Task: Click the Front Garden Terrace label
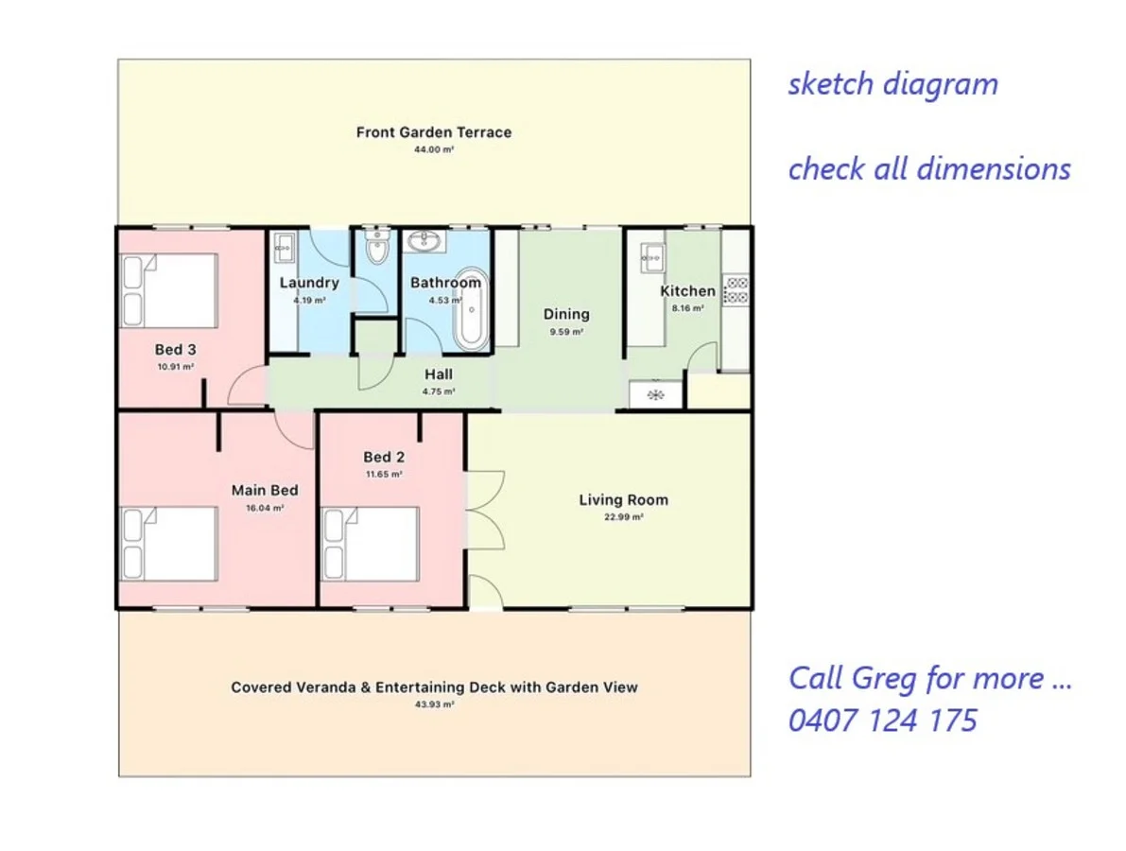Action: (x=434, y=132)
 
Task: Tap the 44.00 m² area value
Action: (x=434, y=150)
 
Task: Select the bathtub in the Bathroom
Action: (x=471, y=309)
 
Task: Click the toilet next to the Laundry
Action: (x=377, y=248)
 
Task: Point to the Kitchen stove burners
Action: (x=736, y=289)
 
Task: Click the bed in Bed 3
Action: (x=168, y=290)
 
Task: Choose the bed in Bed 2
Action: (x=371, y=545)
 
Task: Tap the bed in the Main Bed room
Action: (x=168, y=544)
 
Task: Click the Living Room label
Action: (x=623, y=500)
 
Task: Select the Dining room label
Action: (x=566, y=314)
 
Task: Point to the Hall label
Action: (x=438, y=374)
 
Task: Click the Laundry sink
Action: (x=285, y=249)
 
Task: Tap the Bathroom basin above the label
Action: (x=424, y=240)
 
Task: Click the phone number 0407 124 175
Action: (x=883, y=721)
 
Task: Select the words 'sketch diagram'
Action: (x=893, y=83)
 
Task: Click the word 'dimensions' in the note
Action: (x=995, y=168)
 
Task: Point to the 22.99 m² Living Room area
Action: (x=623, y=517)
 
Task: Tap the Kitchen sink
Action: (x=652, y=258)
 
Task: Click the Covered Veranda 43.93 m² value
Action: (x=434, y=704)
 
